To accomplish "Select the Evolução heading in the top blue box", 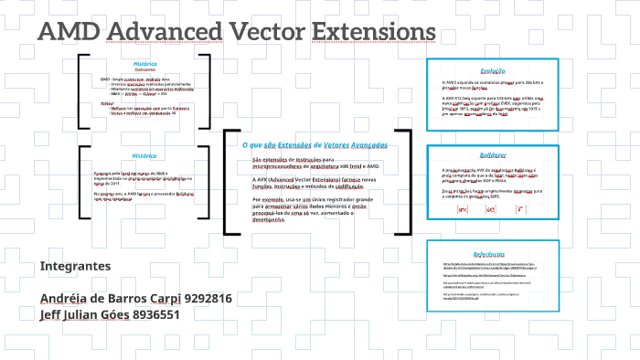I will click(x=493, y=70).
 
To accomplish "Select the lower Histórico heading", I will click(x=144, y=155).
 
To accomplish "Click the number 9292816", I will click(x=208, y=299).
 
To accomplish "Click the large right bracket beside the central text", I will click(x=408, y=182).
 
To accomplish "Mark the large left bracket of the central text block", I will click(x=228, y=182).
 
